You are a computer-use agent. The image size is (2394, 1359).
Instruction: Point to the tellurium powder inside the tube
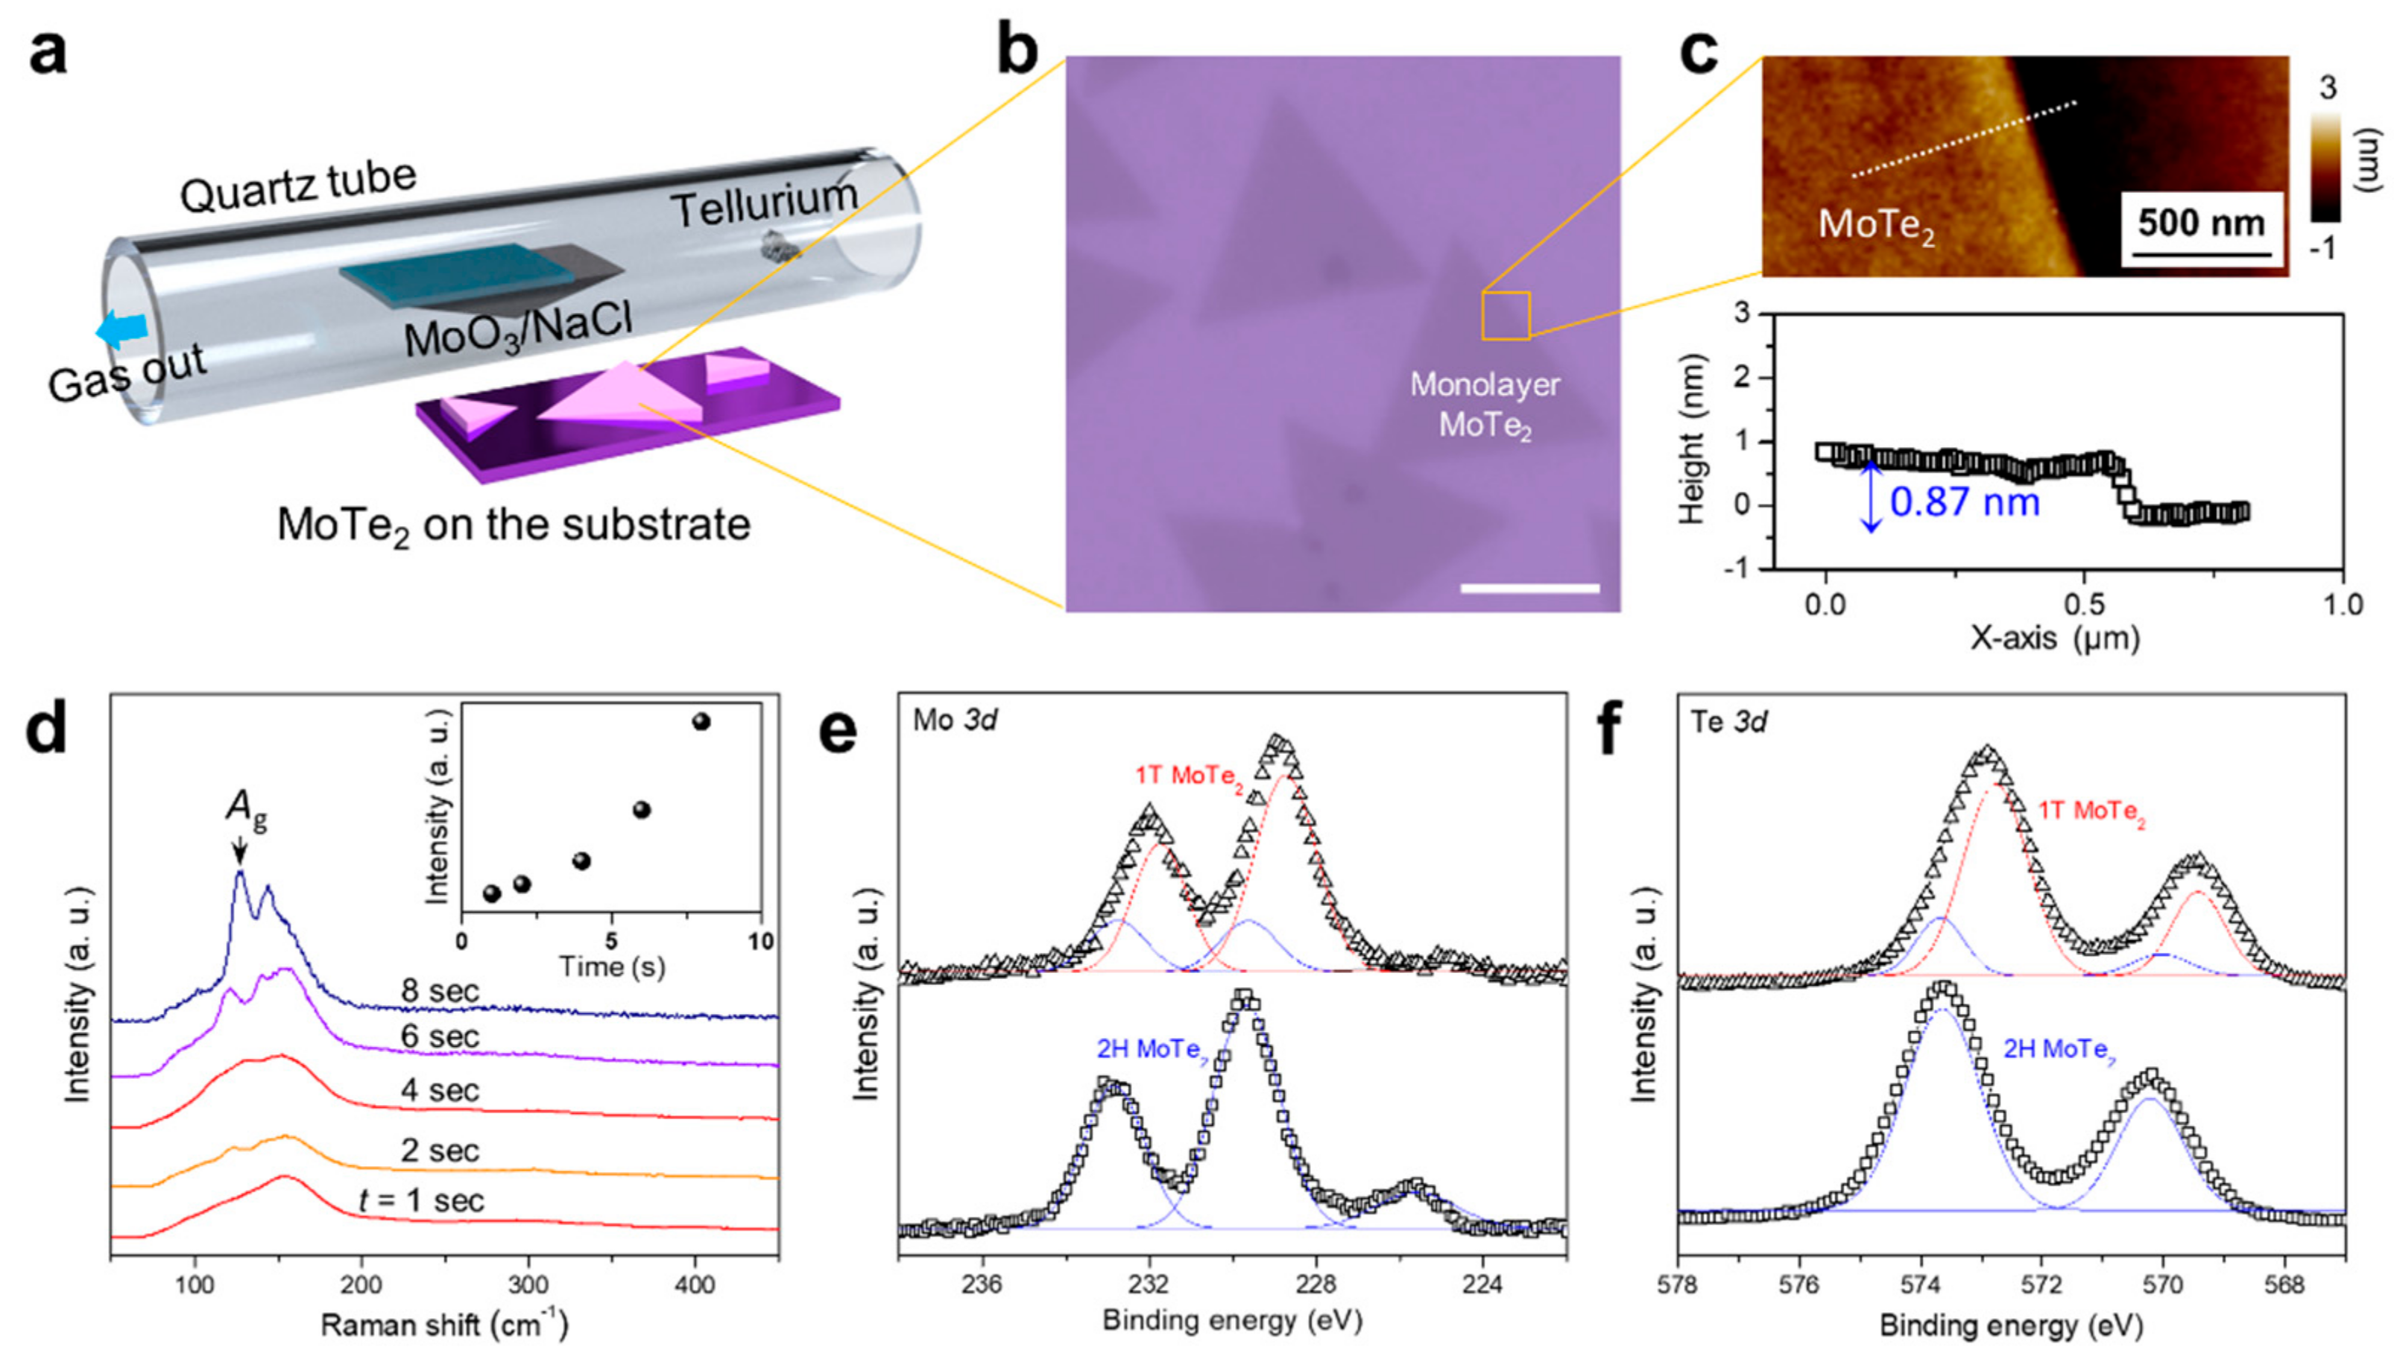[x=775, y=245]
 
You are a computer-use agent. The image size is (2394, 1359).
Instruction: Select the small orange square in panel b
[x=1504, y=315]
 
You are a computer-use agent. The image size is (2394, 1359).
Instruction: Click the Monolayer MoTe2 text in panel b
[x=1484, y=405]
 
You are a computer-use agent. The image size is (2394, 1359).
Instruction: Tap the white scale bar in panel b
[x=1529, y=588]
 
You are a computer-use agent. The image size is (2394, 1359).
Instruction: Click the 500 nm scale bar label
[x=2201, y=224]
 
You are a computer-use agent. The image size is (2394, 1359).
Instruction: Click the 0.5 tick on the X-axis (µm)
[x=2084, y=605]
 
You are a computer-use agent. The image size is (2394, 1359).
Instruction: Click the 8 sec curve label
[x=440, y=990]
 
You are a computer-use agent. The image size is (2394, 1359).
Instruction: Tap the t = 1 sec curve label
[x=421, y=1200]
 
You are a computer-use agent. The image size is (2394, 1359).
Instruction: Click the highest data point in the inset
[x=701, y=721]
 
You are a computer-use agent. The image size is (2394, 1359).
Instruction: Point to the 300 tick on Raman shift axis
[x=528, y=1285]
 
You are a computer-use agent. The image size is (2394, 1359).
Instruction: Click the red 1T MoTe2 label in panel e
[x=1187, y=776]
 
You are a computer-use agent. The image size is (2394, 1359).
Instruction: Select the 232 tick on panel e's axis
[x=1148, y=1285]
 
